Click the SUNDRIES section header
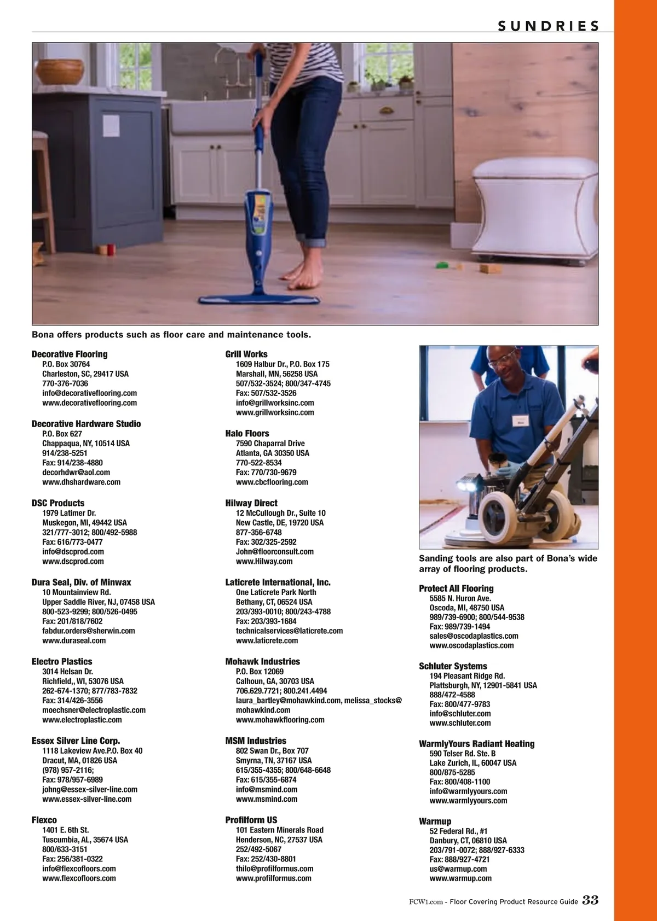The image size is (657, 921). coord(549,26)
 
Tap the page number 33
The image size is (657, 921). coord(591,900)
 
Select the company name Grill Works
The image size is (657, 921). coord(246,354)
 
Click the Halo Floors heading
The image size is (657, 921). coord(247,433)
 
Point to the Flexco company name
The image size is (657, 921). coord(44,820)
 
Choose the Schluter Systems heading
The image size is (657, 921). coord(453,666)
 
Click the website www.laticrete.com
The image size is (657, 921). coord(267,640)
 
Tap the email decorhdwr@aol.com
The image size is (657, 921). coord(76,472)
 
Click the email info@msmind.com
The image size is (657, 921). coord(266,789)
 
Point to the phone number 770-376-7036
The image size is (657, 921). coord(65,383)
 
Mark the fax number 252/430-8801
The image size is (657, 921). coord(266,859)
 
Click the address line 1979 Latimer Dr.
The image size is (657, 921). coord(69,512)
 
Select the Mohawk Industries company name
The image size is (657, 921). coord(263,662)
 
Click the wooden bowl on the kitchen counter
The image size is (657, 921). coord(60,72)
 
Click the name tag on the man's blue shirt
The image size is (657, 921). coord(520,421)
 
